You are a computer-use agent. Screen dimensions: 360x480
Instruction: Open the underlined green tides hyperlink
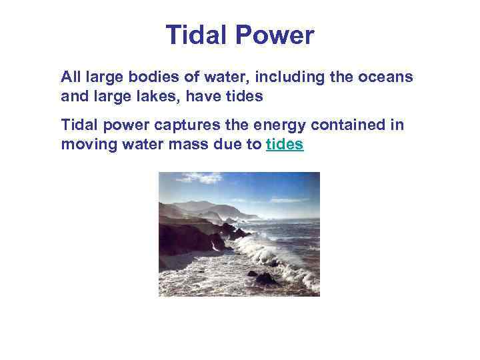coord(285,144)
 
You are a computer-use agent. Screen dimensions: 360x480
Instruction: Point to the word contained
coord(339,125)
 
